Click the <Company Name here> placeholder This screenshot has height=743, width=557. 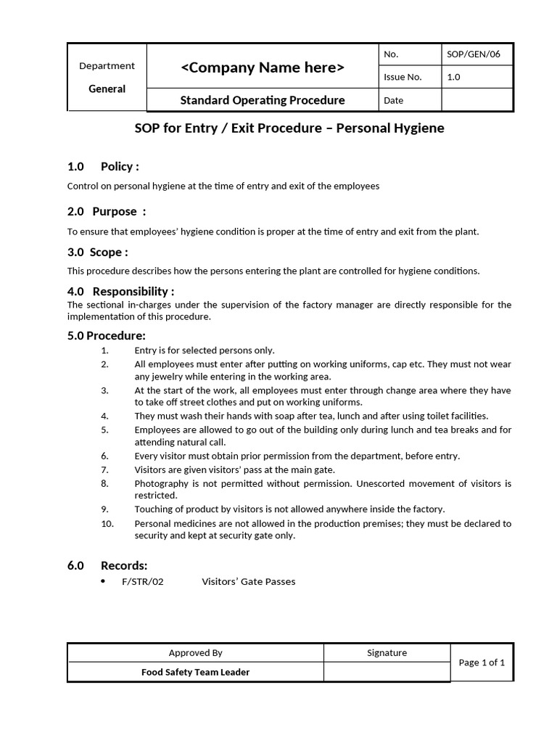click(263, 68)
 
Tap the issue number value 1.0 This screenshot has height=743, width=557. click(454, 77)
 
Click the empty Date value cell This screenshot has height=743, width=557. click(476, 100)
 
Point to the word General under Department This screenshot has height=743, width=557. click(107, 89)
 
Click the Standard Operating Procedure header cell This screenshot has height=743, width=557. click(263, 100)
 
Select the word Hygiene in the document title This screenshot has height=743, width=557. click(417, 128)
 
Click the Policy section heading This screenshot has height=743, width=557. click(120, 166)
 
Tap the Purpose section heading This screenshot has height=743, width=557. click(115, 211)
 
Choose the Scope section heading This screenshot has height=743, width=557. click(109, 252)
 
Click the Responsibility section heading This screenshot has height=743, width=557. click(133, 291)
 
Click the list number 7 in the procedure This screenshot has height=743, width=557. click(105, 469)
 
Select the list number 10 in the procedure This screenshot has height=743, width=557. click(107, 523)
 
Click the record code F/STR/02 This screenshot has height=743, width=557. click(143, 582)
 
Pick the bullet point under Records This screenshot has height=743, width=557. click(103, 581)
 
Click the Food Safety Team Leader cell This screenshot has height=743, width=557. click(195, 672)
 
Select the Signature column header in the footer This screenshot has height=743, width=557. click(387, 653)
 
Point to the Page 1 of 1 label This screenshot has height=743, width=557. click(482, 662)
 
